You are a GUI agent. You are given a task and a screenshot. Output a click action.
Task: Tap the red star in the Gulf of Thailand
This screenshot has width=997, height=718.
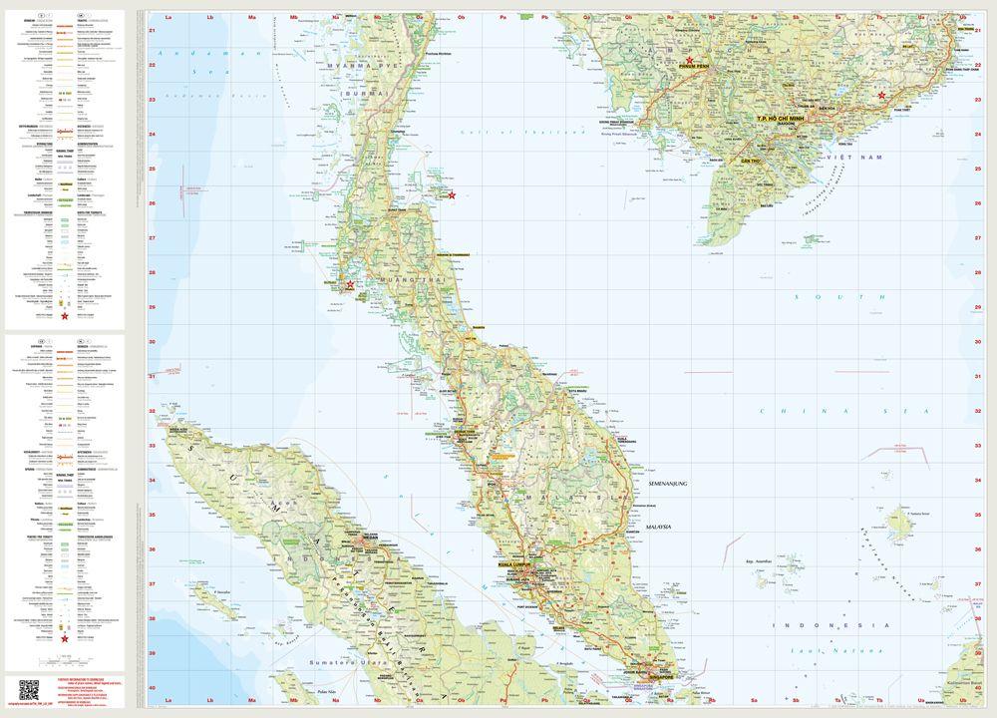(x=453, y=195)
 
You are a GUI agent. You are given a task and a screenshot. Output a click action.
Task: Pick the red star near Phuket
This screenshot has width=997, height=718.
(x=349, y=285)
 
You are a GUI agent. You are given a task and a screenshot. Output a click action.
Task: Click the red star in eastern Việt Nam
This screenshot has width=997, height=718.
(x=881, y=96)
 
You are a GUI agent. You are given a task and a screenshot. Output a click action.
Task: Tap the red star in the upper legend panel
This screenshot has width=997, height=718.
(x=66, y=316)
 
